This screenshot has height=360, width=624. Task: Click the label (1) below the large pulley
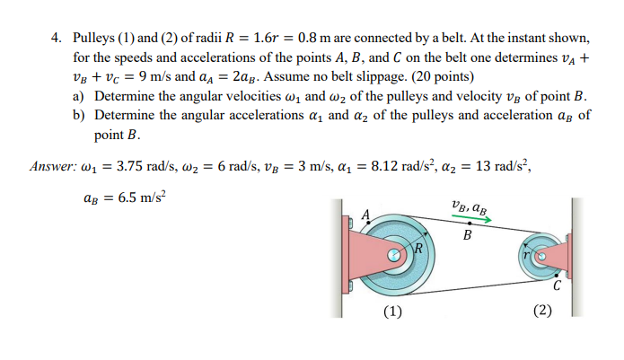click(x=392, y=312)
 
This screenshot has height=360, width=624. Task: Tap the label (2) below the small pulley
click(x=541, y=312)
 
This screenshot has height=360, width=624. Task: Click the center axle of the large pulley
click(x=392, y=256)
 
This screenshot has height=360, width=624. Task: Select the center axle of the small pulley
click(x=541, y=256)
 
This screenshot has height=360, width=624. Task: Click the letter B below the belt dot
click(x=467, y=236)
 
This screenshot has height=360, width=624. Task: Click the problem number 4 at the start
click(x=55, y=40)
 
